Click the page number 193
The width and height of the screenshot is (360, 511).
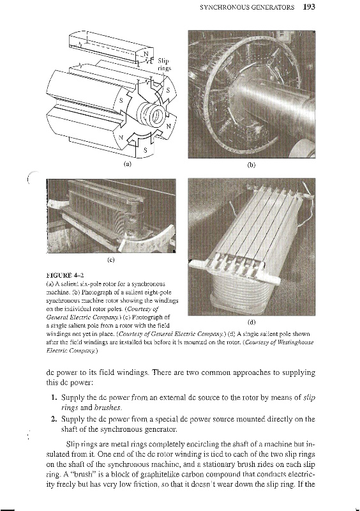[309, 7]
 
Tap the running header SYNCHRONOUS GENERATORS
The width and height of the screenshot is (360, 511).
[247, 7]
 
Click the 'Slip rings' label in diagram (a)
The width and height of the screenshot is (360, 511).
[164, 65]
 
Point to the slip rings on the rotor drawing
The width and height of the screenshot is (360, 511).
[151, 114]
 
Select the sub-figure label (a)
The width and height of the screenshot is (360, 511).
[128, 164]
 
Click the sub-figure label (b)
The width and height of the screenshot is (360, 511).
[251, 165]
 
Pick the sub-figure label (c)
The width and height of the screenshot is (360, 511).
[111, 260]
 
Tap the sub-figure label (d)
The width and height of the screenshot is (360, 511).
[251, 323]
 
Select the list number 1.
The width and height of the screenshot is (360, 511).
[54, 397]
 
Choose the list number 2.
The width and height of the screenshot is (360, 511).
[54, 418]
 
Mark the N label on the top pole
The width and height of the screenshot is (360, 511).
[146, 54]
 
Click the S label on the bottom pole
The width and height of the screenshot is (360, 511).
[146, 150]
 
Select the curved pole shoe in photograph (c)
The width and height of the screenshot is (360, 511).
[150, 240]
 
